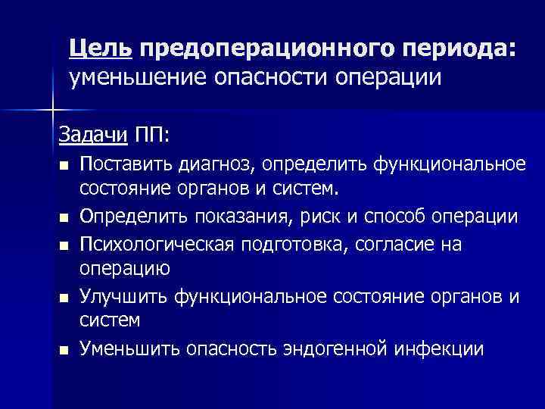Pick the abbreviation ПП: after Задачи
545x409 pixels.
click(154, 136)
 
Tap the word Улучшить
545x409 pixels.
click(124, 296)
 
